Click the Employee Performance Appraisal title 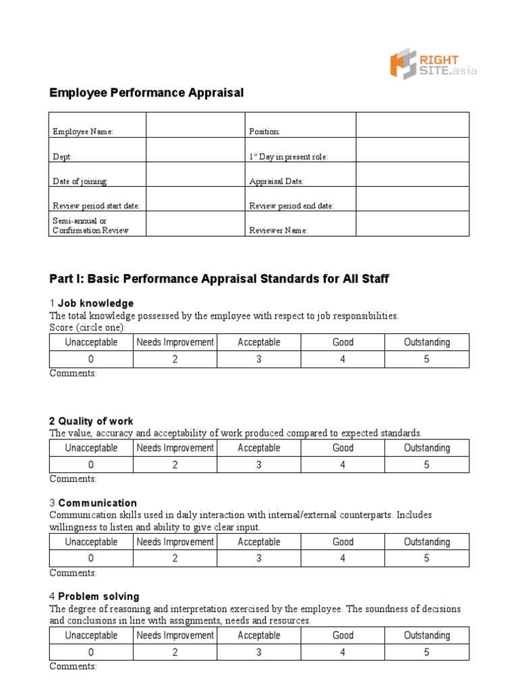pos(146,92)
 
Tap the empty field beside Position pos(411,126)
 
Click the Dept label pos(63,157)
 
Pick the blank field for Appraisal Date pos(411,175)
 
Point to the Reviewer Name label pos(279,230)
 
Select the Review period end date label pos(291,206)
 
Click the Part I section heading pos(219,279)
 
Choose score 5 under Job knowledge pos(426,359)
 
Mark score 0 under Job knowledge pos(91,359)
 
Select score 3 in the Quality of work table pos(258,465)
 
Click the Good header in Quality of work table pos(343,448)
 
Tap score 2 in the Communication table pos(175,558)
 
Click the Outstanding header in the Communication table pos(426,542)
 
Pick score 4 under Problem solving pos(343,652)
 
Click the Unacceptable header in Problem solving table pos(91,635)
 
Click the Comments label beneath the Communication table pos(73,573)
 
